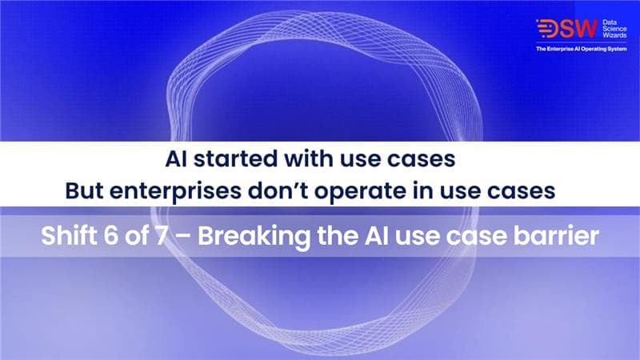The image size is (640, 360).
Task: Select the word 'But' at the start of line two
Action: click(85, 193)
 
